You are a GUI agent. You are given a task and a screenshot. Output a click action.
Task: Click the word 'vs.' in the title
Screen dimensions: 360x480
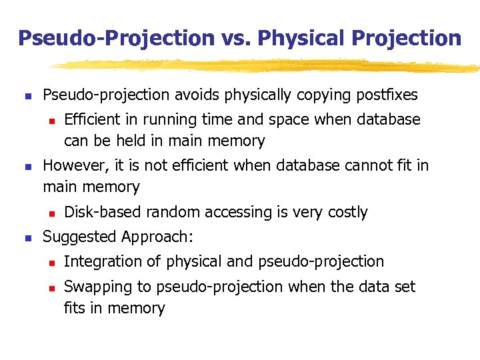pyautogui.click(x=234, y=38)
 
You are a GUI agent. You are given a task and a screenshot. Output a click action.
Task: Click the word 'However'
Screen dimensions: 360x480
pyautogui.click(x=73, y=165)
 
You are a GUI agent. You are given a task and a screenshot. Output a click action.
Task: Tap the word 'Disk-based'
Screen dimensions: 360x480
pyautogui.click(x=103, y=212)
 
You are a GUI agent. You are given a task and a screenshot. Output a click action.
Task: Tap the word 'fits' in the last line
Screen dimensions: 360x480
pyautogui.click(x=74, y=308)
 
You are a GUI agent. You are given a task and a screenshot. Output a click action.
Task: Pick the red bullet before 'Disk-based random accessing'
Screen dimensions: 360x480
pyautogui.click(x=49, y=213)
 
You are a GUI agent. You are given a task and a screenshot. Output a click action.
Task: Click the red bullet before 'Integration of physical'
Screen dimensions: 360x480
pyautogui.click(x=49, y=262)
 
